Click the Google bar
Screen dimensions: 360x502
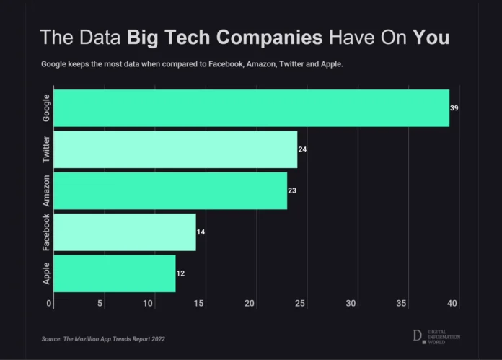(252, 108)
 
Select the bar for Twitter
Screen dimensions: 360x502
(175, 149)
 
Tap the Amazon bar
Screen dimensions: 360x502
(170, 190)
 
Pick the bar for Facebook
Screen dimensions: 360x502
(125, 232)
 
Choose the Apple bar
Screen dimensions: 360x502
(115, 273)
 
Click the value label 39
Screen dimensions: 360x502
(454, 108)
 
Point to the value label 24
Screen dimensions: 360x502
(302, 149)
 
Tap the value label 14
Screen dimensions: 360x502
(201, 232)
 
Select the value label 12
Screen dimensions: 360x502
(180, 273)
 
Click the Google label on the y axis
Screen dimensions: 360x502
(46, 108)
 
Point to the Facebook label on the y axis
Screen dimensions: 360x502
(46, 232)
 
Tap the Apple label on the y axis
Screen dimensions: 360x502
(46, 273)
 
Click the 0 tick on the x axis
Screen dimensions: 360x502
(49, 304)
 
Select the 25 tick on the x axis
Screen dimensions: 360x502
(300, 304)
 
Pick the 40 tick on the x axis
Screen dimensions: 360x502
(452, 304)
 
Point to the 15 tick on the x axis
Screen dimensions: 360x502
(200, 304)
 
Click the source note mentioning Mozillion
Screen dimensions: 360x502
(108, 338)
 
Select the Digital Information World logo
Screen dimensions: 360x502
(436, 336)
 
